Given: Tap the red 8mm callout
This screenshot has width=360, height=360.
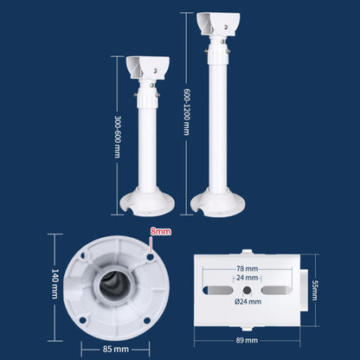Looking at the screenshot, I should pyautogui.click(x=160, y=231).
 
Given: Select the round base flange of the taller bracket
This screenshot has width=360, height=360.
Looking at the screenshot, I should pyautogui.click(x=215, y=202).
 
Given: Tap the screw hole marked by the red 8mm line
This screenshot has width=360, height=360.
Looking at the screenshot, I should pyautogui.click(x=150, y=256).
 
